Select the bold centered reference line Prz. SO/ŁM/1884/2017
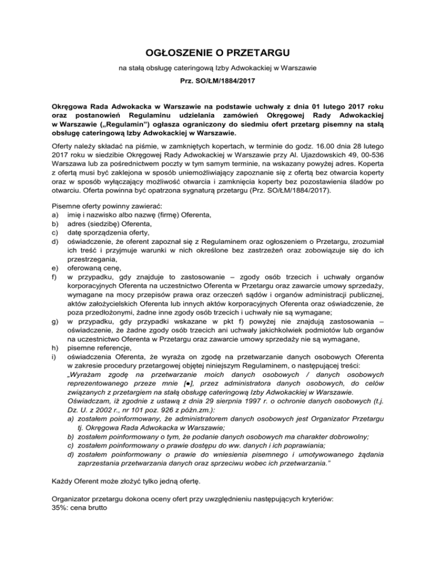[218, 82]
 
